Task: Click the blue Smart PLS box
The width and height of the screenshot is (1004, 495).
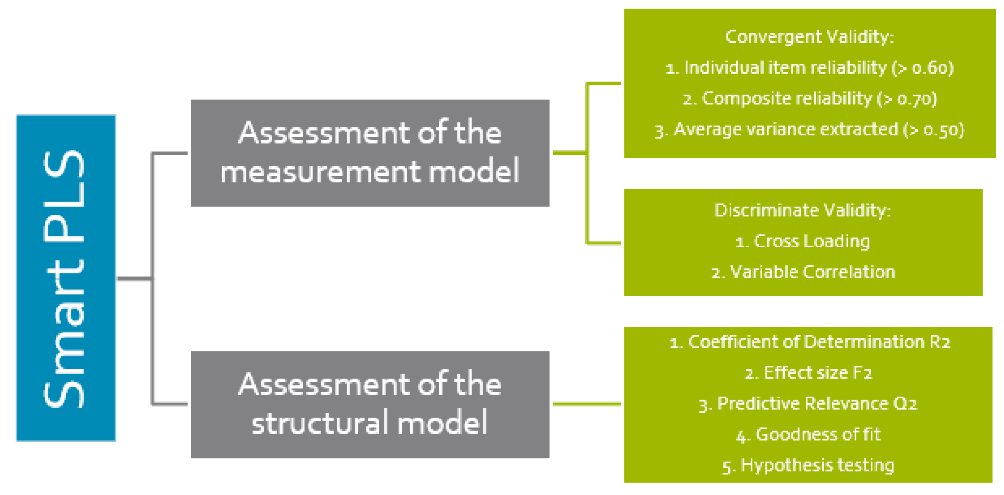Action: pos(66,278)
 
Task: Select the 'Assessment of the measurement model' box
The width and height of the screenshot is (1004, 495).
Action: pos(370,153)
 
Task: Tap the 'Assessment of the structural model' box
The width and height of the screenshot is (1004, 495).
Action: pos(370,404)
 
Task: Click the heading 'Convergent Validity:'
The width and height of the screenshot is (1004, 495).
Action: pos(809,37)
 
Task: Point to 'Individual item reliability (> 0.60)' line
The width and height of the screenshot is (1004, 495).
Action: pos(809,67)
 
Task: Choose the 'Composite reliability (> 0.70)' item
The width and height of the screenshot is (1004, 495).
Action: pos(809,99)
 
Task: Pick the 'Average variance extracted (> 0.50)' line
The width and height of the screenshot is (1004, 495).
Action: pos(809,130)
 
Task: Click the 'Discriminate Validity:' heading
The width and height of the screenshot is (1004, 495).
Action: pos(802,210)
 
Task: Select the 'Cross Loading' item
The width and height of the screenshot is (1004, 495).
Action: pos(802,241)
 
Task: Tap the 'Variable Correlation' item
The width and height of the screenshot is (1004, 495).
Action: pos(802,272)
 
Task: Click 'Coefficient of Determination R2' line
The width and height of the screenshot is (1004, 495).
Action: pos(809,342)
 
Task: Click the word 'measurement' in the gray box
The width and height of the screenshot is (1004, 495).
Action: pos(321,172)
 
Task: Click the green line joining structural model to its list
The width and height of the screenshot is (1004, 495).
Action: pos(586,404)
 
